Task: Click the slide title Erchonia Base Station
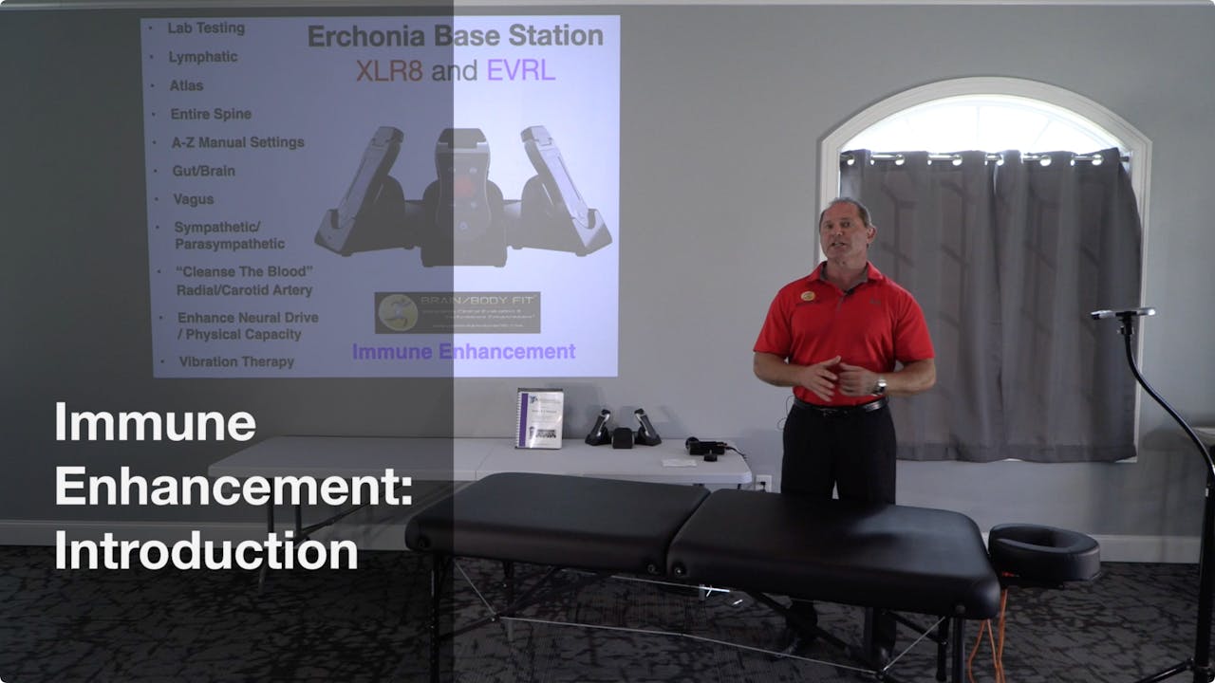[455, 37]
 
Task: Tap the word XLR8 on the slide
[388, 70]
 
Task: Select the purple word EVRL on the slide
[520, 70]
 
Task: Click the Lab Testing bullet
[206, 28]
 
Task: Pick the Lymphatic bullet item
[203, 57]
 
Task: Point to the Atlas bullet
[187, 85]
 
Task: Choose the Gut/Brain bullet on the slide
[203, 171]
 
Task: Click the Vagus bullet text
[194, 199]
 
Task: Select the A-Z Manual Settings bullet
[237, 142]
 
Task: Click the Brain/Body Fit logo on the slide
[457, 312]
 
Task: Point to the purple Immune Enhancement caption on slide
[463, 352]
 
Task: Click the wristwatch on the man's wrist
[879, 386]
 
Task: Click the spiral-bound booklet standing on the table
[539, 417]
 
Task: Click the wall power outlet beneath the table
[762, 482]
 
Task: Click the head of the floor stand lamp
[1123, 313]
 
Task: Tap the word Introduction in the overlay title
[206, 551]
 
